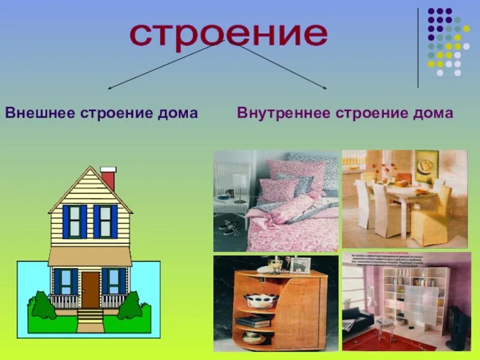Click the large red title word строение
[x=229, y=35]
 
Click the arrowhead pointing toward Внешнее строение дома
[x=110, y=88]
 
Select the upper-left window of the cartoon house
[x=74, y=221]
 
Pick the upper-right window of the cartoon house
[x=105, y=221]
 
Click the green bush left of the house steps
[x=43, y=306]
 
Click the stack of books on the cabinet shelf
[x=253, y=321]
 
